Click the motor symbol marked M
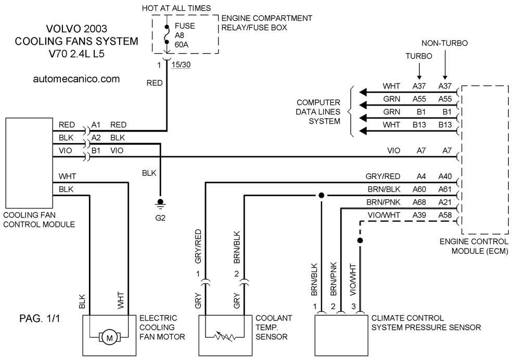(110, 338)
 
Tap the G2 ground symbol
(160, 204)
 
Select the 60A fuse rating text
(182, 45)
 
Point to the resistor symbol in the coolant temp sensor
(225, 336)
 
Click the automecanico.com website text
(76, 79)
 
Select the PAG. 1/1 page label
(40, 318)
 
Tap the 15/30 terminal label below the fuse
(181, 65)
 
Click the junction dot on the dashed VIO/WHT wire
(360, 240)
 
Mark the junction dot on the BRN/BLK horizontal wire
(322, 196)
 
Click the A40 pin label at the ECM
(445, 176)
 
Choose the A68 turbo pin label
(419, 202)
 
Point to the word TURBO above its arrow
(419, 56)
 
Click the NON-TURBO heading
(445, 43)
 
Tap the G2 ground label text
(160, 218)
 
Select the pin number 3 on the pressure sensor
(354, 306)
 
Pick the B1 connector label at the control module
(96, 150)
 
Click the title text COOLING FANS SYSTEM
(76, 41)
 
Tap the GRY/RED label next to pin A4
(383, 176)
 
